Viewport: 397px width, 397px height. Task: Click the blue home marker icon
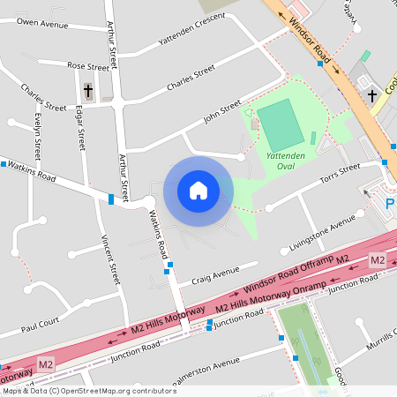pos(198,190)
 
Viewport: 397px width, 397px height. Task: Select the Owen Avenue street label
pos(41,20)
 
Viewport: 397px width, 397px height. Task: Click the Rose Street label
pos(88,65)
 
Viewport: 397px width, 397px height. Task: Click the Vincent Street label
pos(110,260)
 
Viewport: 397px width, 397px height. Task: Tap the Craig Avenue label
pos(216,271)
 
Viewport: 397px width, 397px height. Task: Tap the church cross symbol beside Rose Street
pos(88,90)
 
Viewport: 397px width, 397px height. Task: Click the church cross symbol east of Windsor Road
pos(371,95)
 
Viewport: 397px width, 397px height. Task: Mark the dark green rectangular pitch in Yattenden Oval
pos(281,125)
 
